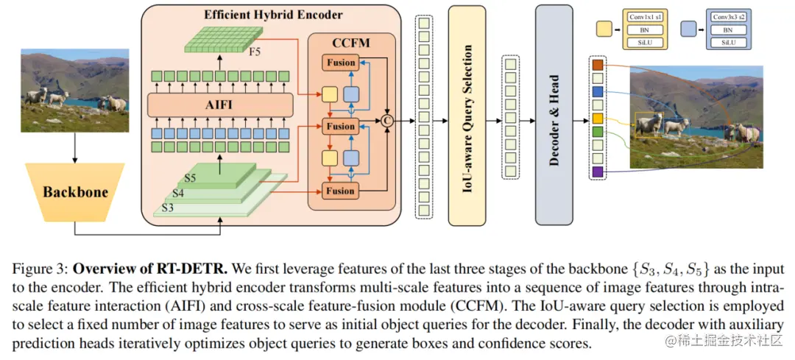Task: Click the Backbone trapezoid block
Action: tap(75, 192)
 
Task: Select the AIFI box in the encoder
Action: tap(220, 105)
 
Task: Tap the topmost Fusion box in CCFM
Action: tap(340, 63)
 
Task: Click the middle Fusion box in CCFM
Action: tap(340, 125)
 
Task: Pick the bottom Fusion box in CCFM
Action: tap(340, 191)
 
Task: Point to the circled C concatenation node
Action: tap(387, 121)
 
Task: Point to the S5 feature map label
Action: tap(191, 178)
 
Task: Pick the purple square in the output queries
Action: tap(597, 172)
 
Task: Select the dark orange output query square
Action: tap(597, 64)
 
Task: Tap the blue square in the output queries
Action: tap(597, 91)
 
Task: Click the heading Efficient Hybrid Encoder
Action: tap(273, 14)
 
